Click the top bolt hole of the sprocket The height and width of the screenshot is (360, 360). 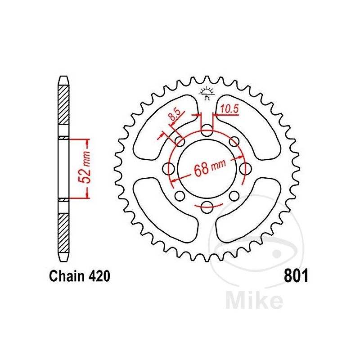(207, 131)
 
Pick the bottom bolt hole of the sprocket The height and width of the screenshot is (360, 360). (207, 207)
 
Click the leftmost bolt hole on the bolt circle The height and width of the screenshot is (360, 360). (170, 169)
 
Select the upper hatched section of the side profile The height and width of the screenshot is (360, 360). (63, 108)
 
